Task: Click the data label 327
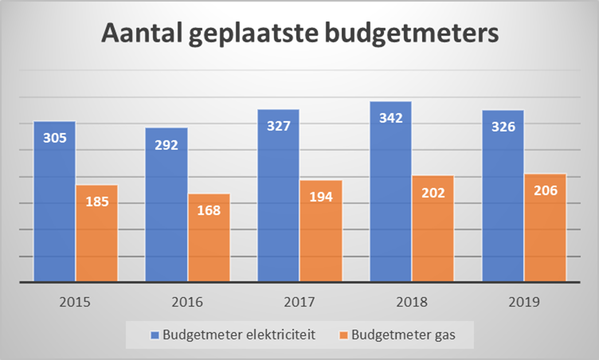tap(279, 126)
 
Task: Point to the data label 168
tap(209, 210)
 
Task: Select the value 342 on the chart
tap(391, 118)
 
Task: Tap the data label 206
tap(545, 191)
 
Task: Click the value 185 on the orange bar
tap(97, 202)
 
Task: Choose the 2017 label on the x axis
tap(299, 302)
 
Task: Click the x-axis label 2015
tap(75, 302)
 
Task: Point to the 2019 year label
tap(524, 302)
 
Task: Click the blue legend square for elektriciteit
tap(155, 335)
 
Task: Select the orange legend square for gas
tap(343, 335)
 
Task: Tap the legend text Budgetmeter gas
tap(403, 334)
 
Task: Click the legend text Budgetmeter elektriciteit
tap(239, 334)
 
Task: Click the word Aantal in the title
tap(142, 33)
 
